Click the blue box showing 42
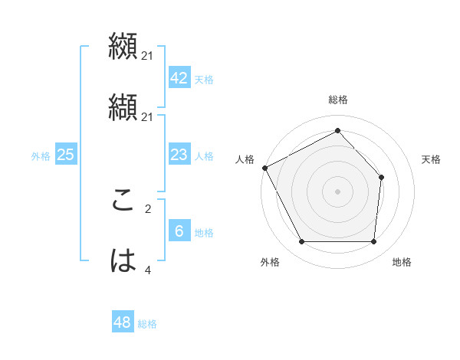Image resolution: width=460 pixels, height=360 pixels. pyautogui.click(x=179, y=78)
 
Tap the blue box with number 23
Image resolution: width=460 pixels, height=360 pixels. pyautogui.click(x=179, y=155)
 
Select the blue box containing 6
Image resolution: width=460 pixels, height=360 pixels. pyautogui.click(x=179, y=231)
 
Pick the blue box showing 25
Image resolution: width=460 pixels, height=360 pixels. pyautogui.click(x=65, y=155)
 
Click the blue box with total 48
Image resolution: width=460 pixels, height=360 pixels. pyautogui.click(x=123, y=322)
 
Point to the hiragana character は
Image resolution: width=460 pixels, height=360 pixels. pyautogui.click(x=123, y=261)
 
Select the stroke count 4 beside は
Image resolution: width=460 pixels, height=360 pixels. pyautogui.click(x=148, y=270)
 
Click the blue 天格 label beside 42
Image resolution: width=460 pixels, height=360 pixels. pyautogui.click(x=203, y=80)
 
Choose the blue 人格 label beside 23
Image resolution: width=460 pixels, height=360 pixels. pyautogui.click(x=203, y=156)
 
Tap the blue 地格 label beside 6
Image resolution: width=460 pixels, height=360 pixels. pyautogui.click(x=203, y=233)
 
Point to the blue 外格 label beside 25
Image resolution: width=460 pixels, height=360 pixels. pyautogui.click(x=41, y=156)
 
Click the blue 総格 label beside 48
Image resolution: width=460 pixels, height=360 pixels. pyautogui.click(x=147, y=324)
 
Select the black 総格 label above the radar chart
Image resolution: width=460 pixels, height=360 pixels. pyautogui.click(x=337, y=100)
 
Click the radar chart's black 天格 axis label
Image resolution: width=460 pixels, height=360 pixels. pyautogui.click(x=432, y=159)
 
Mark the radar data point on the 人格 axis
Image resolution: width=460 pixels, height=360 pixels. pyautogui.click(x=264, y=168)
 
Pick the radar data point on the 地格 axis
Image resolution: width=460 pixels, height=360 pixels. pyautogui.click(x=373, y=242)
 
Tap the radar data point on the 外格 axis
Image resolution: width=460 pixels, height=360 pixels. pyautogui.click(x=301, y=242)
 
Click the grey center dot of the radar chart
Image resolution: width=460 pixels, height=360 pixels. pyautogui.click(x=337, y=191)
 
